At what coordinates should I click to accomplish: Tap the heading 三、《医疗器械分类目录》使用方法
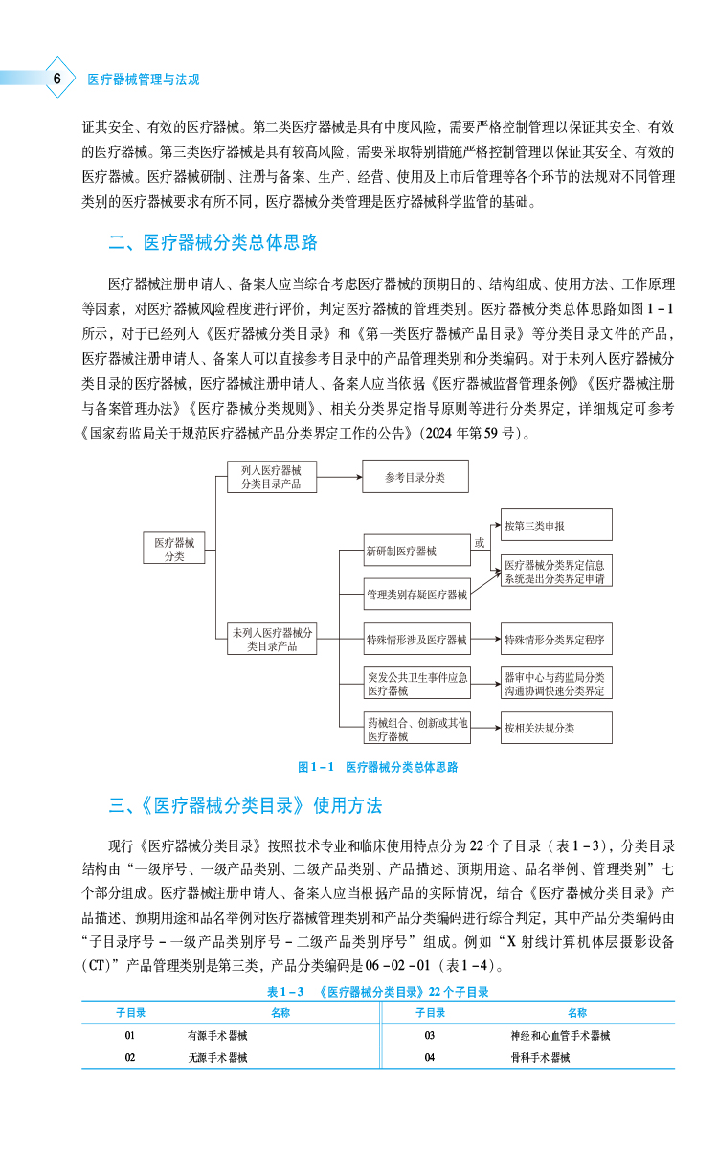[x=245, y=804]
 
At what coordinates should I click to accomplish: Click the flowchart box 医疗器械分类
[x=174, y=550]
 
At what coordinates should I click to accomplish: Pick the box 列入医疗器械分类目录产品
[x=272, y=477]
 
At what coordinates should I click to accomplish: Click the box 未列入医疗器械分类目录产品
[x=272, y=639]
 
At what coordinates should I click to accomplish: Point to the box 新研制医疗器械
[x=416, y=551]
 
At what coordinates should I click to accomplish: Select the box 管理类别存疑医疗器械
[x=416, y=595]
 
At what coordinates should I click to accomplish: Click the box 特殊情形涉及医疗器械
[x=416, y=639]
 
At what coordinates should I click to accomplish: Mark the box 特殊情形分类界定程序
[x=555, y=639]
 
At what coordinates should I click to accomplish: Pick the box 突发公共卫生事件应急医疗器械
[x=416, y=684]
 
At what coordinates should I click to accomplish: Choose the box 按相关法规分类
[x=555, y=728]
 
